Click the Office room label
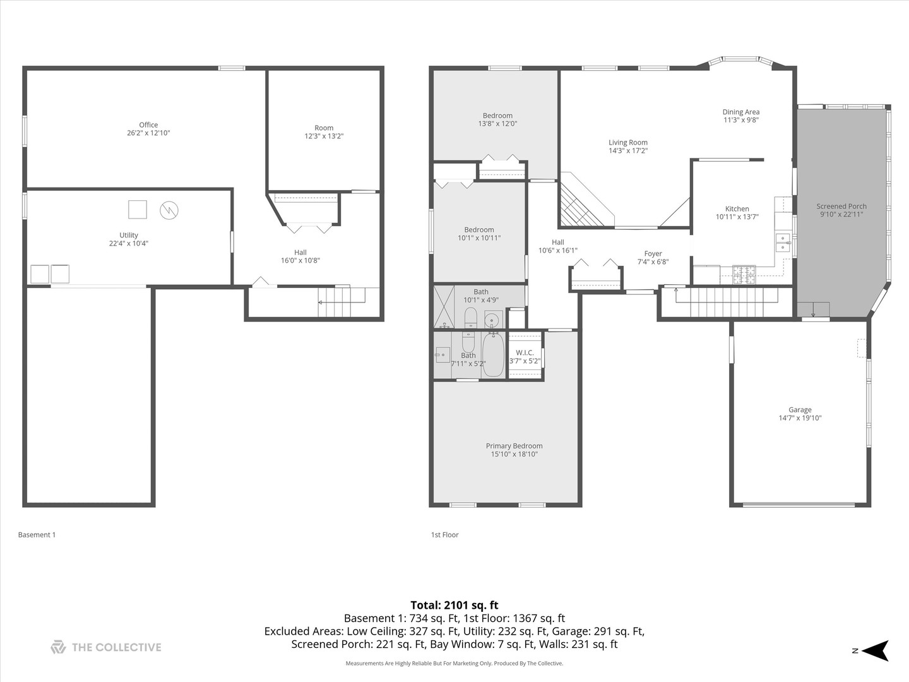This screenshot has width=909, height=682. (148, 125)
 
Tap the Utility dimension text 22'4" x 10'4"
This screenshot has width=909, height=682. (128, 243)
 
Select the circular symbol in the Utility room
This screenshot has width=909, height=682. (169, 210)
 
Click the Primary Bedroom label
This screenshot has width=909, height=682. (514, 446)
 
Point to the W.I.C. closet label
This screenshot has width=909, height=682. (525, 353)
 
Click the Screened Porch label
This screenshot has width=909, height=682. (841, 206)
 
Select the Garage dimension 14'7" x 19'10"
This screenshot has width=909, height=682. (800, 418)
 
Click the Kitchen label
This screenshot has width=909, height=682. (737, 209)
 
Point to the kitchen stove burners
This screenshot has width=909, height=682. (744, 273)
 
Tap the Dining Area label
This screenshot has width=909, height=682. (740, 112)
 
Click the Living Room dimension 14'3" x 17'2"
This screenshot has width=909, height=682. (627, 151)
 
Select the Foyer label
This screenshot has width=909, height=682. (653, 254)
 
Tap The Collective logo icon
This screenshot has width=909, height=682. (58, 647)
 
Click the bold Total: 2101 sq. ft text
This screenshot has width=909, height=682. (454, 605)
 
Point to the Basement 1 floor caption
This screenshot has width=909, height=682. (37, 535)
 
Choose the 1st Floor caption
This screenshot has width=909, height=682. (444, 535)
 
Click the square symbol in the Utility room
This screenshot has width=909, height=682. (138, 209)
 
